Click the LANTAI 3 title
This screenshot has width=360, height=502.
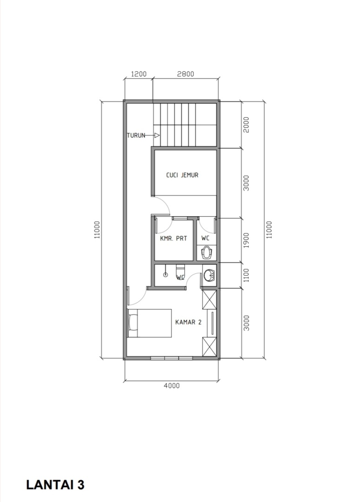(x=55, y=484)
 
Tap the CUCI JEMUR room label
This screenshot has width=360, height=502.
(x=182, y=175)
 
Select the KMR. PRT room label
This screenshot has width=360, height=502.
(x=173, y=238)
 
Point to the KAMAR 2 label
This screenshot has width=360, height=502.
(x=188, y=322)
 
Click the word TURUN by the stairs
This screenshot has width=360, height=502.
(x=136, y=135)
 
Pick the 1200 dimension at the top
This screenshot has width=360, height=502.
(x=139, y=74)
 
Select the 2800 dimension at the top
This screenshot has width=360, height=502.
(x=186, y=74)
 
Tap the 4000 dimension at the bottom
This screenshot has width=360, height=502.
(x=172, y=385)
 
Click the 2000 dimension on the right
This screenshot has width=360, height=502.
(x=246, y=125)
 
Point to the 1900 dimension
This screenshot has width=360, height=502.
(x=246, y=240)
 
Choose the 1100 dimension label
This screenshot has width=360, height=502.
(x=246, y=275)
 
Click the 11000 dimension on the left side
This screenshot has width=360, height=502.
(x=97, y=230)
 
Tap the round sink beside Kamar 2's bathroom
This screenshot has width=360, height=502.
(x=209, y=275)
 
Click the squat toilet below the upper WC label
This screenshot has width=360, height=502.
(x=207, y=252)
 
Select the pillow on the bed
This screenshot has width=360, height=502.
(x=133, y=323)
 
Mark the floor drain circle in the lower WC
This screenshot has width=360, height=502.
(x=165, y=275)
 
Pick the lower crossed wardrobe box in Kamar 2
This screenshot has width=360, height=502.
(x=209, y=346)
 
